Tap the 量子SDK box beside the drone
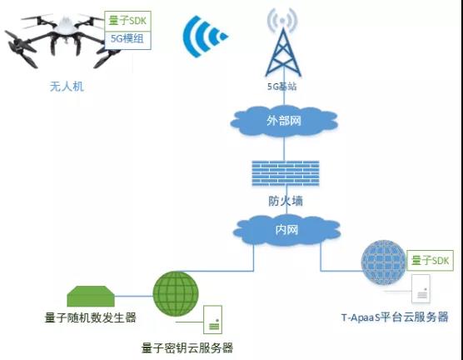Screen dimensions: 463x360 pos(127,21)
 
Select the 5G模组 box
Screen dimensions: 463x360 pos(127,40)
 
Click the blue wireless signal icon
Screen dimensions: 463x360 pos(204,37)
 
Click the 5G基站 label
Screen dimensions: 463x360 pos(282,87)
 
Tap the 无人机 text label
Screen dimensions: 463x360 pos(67,87)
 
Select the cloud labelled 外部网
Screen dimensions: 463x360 pos(284,121)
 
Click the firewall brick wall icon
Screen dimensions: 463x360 pos(286,172)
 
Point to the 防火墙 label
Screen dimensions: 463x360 pos(286,201)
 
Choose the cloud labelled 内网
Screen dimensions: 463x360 pos(286,230)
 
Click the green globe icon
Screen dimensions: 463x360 pos(176,293)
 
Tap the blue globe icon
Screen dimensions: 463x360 pos(384,262)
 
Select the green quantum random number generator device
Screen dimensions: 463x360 pos(91,296)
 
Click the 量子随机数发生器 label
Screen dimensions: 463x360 pos(91,317)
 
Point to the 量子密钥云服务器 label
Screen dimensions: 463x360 pos(187,347)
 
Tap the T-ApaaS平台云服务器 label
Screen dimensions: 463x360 pos(395,317)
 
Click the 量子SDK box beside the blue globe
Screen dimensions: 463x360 pos(430,260)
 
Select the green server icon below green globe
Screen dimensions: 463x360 pos(212,319)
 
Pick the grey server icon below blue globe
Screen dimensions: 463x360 pos(421,289)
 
